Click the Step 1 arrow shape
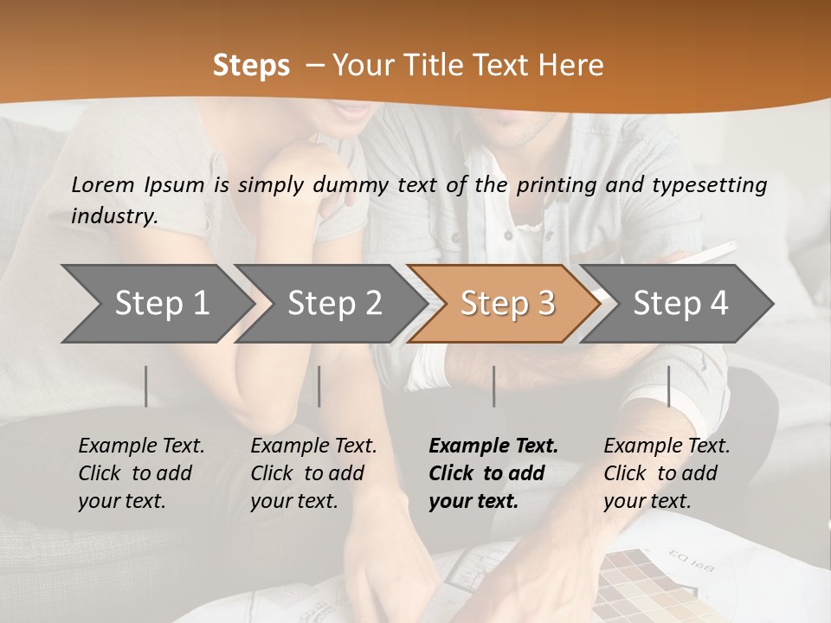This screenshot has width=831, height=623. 156,304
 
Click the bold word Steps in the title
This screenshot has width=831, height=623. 251,66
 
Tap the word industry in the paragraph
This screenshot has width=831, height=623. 113,216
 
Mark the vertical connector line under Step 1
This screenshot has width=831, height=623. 146,386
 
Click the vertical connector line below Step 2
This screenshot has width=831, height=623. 319,386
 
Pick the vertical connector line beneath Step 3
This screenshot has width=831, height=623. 493,386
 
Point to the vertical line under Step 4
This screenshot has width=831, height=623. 668,386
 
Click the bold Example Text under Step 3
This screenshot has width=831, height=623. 493,446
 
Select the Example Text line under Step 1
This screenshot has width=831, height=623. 141,446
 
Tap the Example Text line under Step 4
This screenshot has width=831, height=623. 667,446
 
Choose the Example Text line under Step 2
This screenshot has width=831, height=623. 313,446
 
